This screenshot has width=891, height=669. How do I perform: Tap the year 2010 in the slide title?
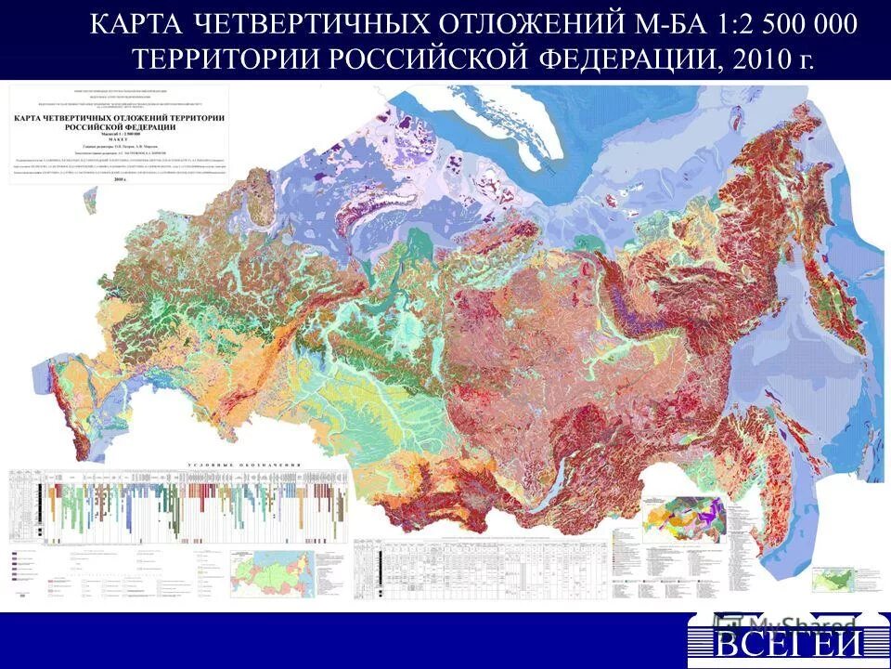[758, 61]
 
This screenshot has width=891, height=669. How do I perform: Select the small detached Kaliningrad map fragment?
[91, 198]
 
